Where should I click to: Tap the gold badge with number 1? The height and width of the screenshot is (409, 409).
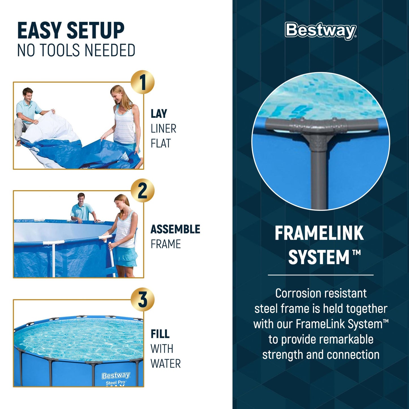pyautogui.click(x=143, y=82)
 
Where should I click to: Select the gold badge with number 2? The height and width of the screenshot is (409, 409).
pyautogui.click(x=143, y=191)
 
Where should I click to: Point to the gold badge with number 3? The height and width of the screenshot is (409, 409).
pyautogui.click(x=143, y=299)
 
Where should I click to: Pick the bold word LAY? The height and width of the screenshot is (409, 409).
pyautogui.click(x=159, y=114)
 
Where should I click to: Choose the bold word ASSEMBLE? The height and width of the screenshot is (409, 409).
pyautogui.click(x=175, y=229)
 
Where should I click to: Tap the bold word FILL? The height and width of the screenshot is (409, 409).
pyautogui.click(x=160, y=334)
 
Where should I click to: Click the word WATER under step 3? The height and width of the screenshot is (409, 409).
pyautogui.click(x=166, y=364)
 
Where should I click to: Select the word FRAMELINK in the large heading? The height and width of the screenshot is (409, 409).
pyautogui.click(x=319, y=234)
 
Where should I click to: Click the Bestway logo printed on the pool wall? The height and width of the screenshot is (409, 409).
pyautogui.click(x=116, y=376)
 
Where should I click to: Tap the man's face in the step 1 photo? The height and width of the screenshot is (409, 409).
pyautogui.click(x=28, y=95)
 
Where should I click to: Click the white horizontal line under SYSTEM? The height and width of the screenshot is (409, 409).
pyautogui.click(x=320, y=275)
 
